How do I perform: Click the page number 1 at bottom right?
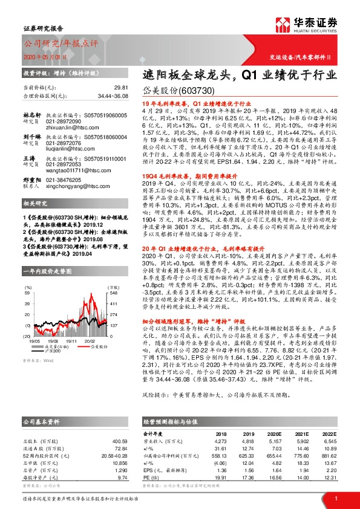pos(335,498)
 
